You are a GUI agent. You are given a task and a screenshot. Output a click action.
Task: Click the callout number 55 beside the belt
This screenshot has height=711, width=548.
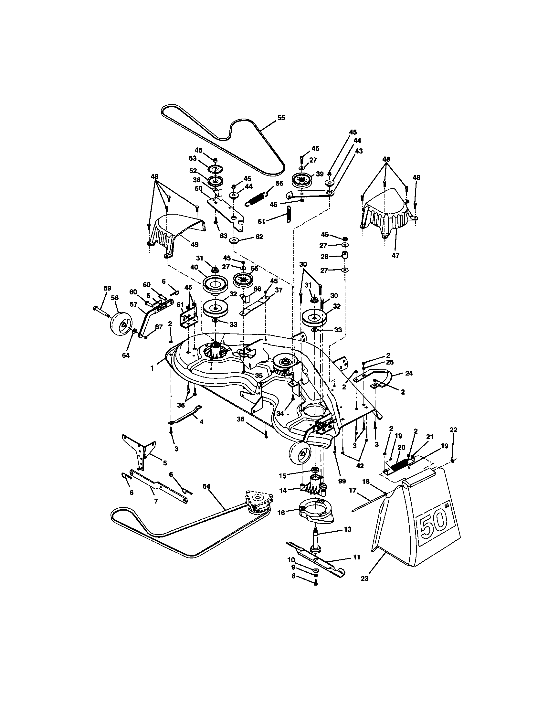tap(281, 118)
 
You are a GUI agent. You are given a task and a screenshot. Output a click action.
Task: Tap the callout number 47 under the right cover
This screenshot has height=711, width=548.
tap(395, 256)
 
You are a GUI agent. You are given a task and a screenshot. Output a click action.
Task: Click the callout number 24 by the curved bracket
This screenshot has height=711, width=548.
tap(409, 373)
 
